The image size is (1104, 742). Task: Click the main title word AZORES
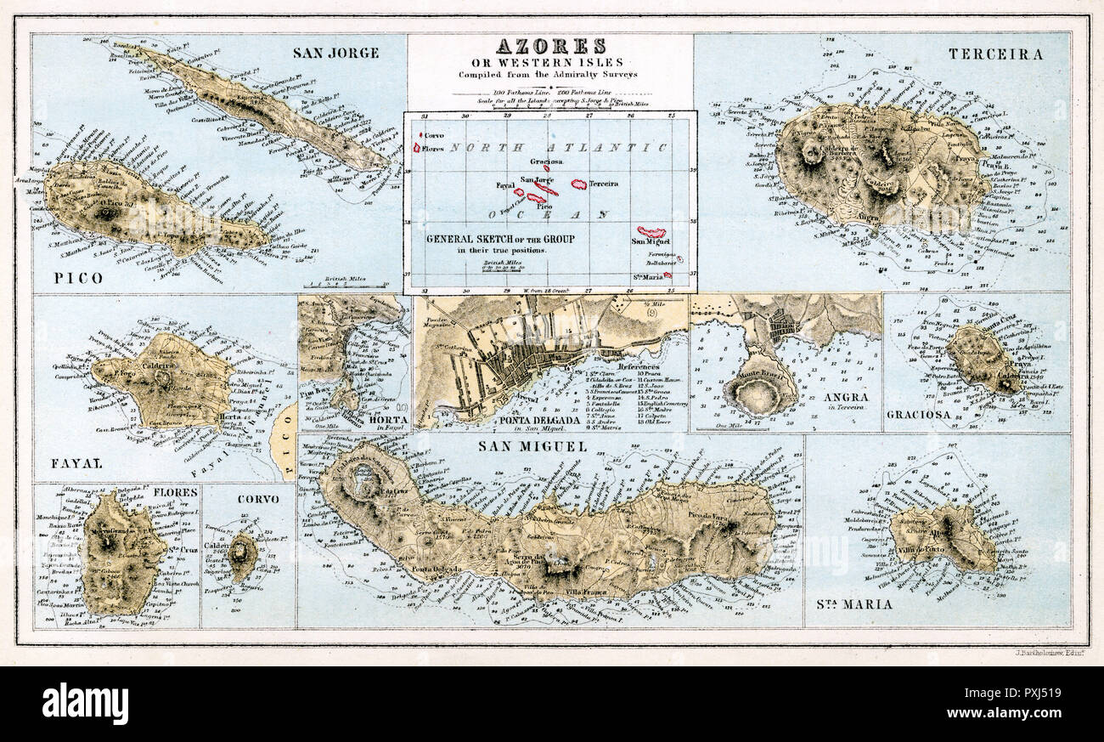click(550, 46)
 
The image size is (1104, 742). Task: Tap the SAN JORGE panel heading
click(335, 53)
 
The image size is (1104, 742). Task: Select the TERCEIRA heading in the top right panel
click(995, 54)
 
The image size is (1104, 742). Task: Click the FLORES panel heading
click(177, 493)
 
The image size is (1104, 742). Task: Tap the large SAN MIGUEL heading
click(521, 445)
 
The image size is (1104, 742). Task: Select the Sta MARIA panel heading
click(853, 604)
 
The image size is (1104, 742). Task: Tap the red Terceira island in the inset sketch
click(579, 184)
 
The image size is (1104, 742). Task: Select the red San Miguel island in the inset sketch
click(651, 232)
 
